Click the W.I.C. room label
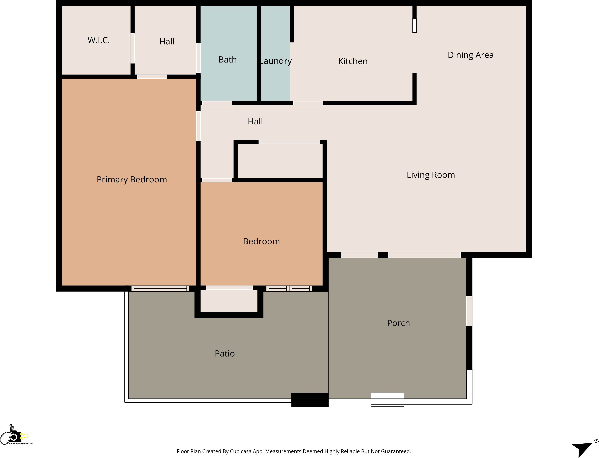click(x=99, y=40)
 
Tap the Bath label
click(x=227, y=59)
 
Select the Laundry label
click(x=275, y=61)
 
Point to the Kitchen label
click(x=353, y=61)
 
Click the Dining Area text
click(x=471, y=55)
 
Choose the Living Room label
click(x=431, y=175)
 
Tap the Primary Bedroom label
click(x=132, y=179)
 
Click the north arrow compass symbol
click(x=584, y=447)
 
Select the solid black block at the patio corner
click(x=310, y=400)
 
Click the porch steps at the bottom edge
click(x=387, y=400)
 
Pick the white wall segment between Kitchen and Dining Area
click(x=414, y=26)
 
